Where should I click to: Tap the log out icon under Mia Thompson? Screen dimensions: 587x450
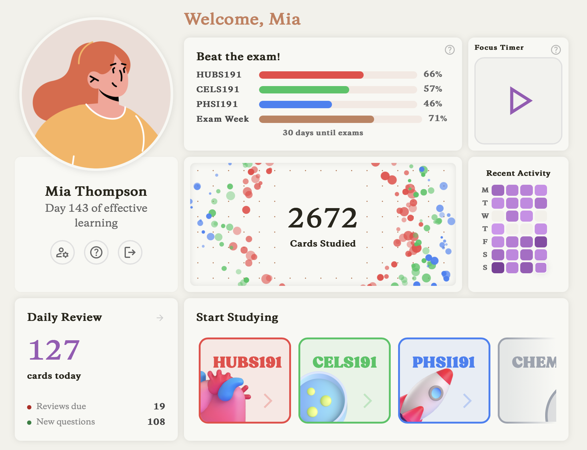(x=130, y=252)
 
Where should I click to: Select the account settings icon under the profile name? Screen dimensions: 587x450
(x=62, y=252)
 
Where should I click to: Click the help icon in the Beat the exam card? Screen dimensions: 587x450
(x=449, y=50)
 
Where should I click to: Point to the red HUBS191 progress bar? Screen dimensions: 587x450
(x=311, y=75)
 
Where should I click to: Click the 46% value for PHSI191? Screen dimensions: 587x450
(x=433, y=104)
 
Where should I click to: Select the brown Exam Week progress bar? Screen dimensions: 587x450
(x=317, y=119)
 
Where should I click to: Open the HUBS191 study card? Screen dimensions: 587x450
(x=245, y=380)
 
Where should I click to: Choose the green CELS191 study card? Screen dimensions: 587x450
(x=345, y=380)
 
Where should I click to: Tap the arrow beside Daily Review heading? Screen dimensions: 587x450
(x=160, y=318)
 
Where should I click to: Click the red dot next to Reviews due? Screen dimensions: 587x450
(x=29, y=407)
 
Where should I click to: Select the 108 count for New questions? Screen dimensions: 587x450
(x=156, y=421)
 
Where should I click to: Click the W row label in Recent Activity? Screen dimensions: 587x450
(x=485, y=216)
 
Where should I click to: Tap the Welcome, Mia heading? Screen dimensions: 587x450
(x=242, y=19)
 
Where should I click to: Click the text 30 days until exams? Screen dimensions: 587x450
(x=323, y=133)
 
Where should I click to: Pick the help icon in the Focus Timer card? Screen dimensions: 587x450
(x=556, y=50)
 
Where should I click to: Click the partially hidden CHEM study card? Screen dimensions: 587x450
(x=527, y=380)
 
